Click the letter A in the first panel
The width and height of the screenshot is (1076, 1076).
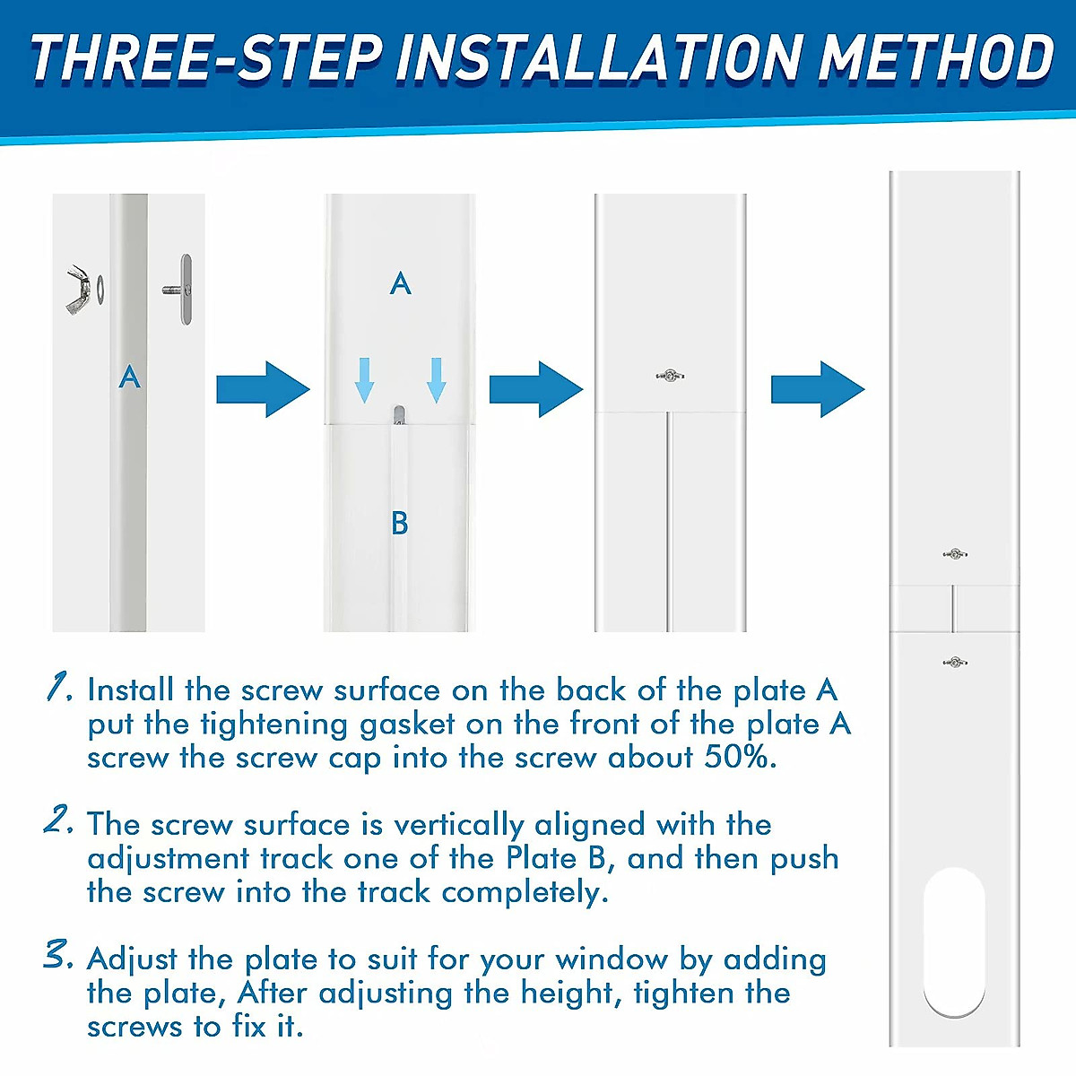point(129,377)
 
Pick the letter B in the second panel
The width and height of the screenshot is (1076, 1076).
point(400,523)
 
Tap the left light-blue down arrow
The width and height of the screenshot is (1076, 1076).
point(365,380)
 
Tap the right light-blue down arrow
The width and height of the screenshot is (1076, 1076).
point(436,380)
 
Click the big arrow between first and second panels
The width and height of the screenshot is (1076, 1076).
point(263,389)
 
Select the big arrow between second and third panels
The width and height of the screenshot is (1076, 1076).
point(536,389)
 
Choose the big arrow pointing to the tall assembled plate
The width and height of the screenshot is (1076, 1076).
point(818,389)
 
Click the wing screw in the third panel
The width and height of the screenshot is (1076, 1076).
point(671,376)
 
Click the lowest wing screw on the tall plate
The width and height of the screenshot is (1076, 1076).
point(955,663)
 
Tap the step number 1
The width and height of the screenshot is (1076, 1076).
point(58,688)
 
